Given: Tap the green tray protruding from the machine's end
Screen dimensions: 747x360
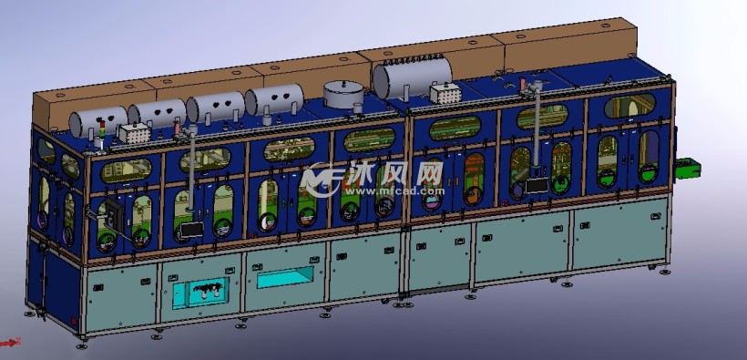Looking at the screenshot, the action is point(688,169).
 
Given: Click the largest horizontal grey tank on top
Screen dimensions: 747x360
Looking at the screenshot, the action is point(413,77).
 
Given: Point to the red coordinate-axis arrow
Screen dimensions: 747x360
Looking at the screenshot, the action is point(9,342).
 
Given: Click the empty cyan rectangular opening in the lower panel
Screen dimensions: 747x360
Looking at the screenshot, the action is point(285,277).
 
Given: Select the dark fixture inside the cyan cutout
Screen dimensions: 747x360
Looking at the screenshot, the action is point(208,291).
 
